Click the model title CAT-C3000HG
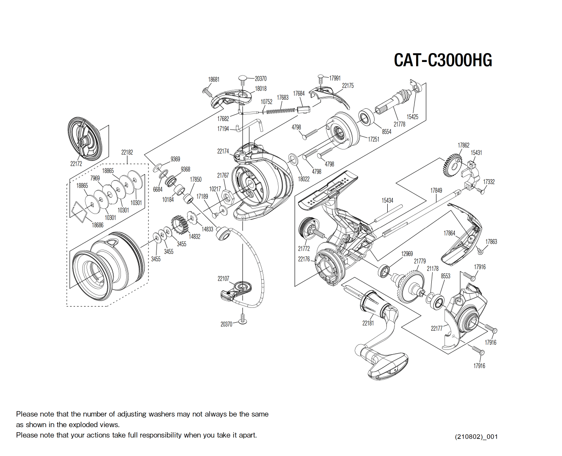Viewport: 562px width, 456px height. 443,60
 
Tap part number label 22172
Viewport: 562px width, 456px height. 76,164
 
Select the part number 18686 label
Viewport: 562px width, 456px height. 98,225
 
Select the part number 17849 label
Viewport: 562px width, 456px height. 436,191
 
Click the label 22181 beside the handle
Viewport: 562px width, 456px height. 368,323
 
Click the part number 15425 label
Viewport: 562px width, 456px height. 412,117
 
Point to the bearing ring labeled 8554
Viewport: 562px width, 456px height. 365,117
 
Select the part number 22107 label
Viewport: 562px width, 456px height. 223,279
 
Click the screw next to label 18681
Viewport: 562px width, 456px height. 207,92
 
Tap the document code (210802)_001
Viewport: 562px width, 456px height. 476,436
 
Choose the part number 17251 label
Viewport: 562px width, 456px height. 373,139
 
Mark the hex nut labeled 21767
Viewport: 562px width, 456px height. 226,197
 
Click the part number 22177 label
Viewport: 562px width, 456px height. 436,328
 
